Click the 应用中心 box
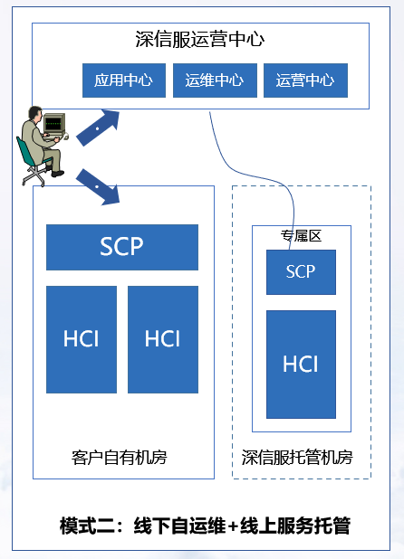coord(124,81)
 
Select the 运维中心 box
coord(215,81)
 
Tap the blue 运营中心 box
coord(305,81)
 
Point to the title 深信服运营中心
coord(200,39)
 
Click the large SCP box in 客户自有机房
coord(122,247)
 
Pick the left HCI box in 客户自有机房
coord(82,339)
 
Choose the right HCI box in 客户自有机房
coord(163,339)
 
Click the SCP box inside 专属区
coord(301,272)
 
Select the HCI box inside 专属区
coord(301,364)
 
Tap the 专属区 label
coord(301,236)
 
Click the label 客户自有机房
coord(120,458)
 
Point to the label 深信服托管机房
coord(297,458)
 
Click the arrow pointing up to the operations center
coord(98,128)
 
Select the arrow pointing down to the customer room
coord(98,187)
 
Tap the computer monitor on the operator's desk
coord(54,123)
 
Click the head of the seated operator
coord(35,113)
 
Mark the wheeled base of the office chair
coord(34,176)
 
